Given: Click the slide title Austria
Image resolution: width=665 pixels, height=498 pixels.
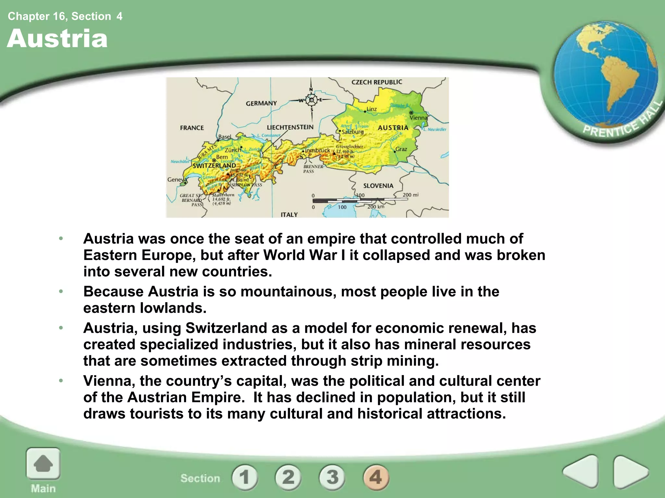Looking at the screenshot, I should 57,39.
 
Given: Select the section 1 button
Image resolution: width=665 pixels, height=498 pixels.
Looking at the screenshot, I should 245,477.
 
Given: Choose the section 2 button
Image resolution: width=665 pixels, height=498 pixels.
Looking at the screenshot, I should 288,477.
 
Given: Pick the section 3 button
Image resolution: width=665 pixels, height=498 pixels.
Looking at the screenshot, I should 332,477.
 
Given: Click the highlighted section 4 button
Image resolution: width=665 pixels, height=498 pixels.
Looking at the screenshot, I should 376,477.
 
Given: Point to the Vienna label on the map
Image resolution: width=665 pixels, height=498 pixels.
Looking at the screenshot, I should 419,118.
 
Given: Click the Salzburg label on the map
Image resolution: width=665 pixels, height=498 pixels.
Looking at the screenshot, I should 353,132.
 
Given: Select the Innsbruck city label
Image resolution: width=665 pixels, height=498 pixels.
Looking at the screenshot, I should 318,150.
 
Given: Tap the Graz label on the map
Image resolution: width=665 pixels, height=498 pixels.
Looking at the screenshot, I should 401,149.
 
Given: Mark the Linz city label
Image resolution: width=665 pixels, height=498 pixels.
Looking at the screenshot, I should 371,109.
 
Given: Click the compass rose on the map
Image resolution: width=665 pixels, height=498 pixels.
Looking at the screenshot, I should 311,100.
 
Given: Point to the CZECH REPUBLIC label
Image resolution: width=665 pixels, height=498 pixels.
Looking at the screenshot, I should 377,82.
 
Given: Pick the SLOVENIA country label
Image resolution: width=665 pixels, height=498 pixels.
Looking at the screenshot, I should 378,186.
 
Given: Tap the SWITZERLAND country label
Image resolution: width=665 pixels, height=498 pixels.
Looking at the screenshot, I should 214,166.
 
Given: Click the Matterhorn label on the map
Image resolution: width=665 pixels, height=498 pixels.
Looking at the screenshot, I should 223,195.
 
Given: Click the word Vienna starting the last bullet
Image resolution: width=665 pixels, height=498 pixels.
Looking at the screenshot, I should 109,381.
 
